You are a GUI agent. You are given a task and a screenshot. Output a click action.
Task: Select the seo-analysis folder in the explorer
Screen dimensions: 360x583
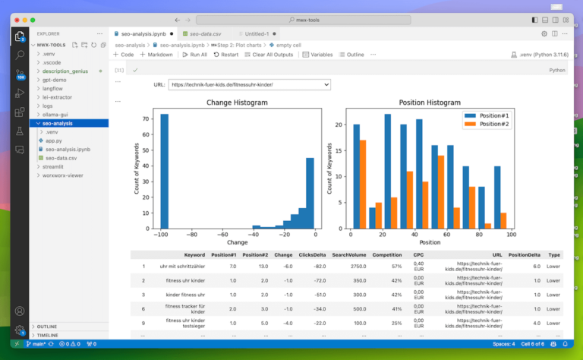pyautogui.click(x=58, y=123)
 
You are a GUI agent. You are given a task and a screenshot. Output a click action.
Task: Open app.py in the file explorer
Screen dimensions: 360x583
pyautogui.click(x=53, y=141)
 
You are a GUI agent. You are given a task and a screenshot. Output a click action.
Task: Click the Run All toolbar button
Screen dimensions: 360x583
pyautogui.click(x=194, y=55)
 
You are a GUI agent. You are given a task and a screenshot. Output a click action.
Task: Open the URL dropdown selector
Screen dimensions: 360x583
pyautogui.click(x=249, y=85)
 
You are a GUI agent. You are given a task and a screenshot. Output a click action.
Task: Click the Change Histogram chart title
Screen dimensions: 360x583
pyautogui.click(x=237, y=103)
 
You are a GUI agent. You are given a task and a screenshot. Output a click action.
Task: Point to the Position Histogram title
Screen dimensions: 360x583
pyautogui.click(x=430, y=103)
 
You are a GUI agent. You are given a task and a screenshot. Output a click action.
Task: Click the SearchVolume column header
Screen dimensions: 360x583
pyautogui.click(x=350, y=254)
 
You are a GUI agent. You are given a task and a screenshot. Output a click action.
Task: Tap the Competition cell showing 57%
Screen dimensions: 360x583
pyautogui.click(x=395, y=267)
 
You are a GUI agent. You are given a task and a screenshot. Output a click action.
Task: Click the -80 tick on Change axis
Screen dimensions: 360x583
pyautogui.click(x=192, y=235)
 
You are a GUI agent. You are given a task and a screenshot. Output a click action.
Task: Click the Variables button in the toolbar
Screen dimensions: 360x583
pyautogui.click(x=317, y=55)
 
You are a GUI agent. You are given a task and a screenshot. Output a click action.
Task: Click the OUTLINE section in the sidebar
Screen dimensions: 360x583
pyautogui.click(x=47, y=327)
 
